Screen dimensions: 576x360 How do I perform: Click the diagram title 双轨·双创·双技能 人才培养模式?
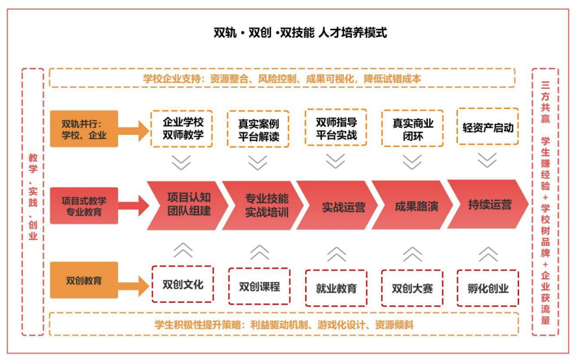[x=300, y=33]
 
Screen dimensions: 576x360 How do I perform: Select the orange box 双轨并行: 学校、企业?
[x=84, y=129]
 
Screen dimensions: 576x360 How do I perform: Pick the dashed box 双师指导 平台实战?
[x=336, y=128]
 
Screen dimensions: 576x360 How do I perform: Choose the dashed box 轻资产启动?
[x=487, y=127]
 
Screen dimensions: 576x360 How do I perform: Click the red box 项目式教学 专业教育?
[x=84, y=206]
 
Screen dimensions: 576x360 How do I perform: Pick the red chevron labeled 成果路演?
[x=416, y=206]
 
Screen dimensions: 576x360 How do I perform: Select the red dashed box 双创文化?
[x=183, y=285]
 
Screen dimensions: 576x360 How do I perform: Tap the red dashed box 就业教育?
[x=336, y=288]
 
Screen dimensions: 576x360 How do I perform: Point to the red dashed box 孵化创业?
[x=488, y=288]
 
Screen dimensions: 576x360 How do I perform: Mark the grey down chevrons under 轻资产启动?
[x=487, y=160]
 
